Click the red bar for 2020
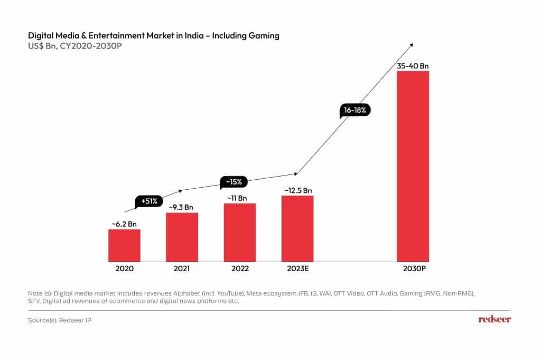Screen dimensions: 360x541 pos(124,245)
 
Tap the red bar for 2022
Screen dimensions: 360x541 pos(240,232)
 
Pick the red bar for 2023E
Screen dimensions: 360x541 pos(297,228)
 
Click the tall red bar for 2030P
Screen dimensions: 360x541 pos(413,166)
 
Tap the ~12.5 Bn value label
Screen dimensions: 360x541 pos(298,190)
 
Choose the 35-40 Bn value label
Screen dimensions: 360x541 pos(413,66)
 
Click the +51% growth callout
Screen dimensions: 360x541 pos(149,201)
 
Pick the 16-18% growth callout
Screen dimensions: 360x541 pos(355,110)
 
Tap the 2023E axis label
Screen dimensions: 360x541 pos(296,269)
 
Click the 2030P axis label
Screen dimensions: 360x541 pos(413,269)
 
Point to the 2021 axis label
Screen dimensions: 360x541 pos(182,269)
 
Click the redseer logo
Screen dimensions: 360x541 pos(495,319)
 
